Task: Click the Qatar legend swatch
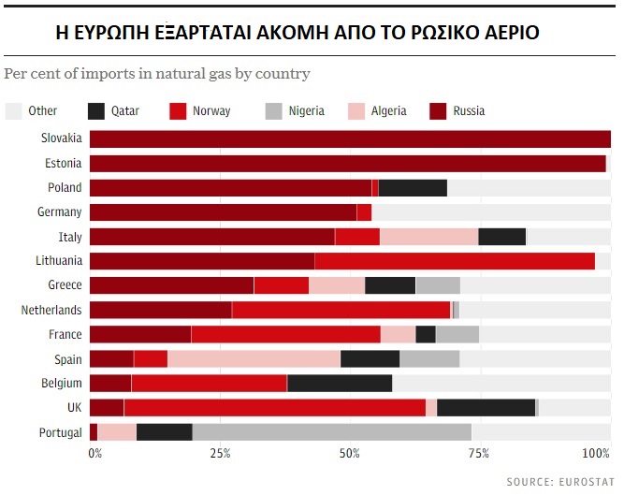(96, 111)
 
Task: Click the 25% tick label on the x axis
(220, 454)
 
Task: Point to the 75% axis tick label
(479, 454)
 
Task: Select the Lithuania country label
(59, 261)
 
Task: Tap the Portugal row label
(60, 431)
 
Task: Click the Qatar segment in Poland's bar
(413, 187)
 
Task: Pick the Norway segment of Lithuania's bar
(455, 261)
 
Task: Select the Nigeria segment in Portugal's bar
(331, 431)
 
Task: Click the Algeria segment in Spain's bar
(254, 358)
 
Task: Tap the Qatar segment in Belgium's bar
(340, 383)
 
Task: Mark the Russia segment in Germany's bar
(223, 211)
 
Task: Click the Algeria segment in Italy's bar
(428, 237)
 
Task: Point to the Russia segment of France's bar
(139, 334)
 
